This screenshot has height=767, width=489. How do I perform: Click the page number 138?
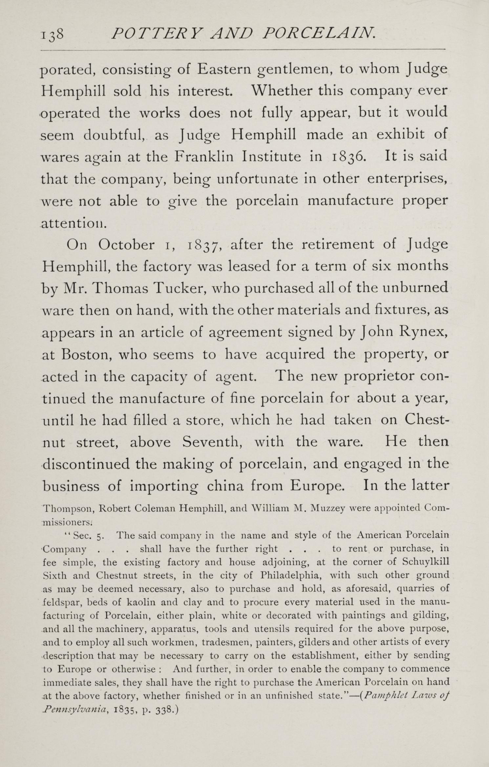click(x=52, y=34)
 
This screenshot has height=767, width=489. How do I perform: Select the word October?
click(x=126, y=245)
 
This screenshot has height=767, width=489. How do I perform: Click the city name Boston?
click(x=87, y=354)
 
